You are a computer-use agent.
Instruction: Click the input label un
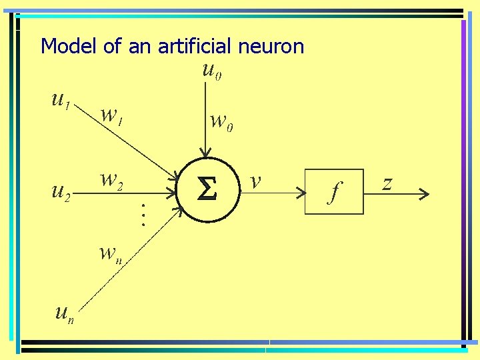64,311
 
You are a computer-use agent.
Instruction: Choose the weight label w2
111,180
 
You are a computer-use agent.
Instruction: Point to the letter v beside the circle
255,181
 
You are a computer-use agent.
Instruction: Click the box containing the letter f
334,191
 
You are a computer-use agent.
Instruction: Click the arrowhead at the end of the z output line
423,195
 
